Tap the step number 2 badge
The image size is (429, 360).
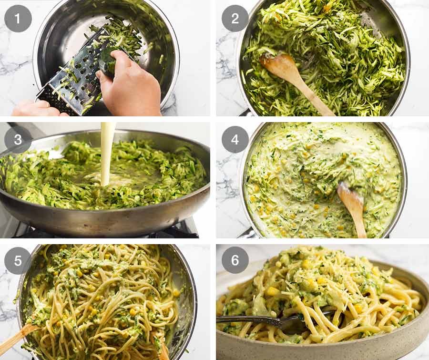235,19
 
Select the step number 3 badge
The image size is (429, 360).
18,140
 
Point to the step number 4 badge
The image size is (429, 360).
235,140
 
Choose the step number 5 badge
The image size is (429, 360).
18,261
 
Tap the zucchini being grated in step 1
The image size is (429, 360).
110,62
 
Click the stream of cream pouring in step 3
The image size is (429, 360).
106,154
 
